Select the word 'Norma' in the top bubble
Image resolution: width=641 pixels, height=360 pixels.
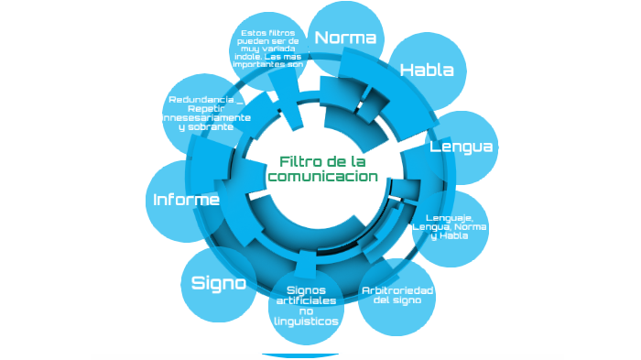tap(345, 38)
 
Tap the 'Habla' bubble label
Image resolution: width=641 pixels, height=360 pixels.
tap(427, 71)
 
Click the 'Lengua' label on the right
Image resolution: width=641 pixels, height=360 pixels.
tap(462, 147)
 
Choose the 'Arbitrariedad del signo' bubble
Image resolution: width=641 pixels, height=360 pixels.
tap(397, 295)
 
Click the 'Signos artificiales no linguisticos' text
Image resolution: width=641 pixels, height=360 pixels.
tap(306, 306)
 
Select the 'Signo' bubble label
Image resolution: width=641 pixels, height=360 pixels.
tap(218, 283)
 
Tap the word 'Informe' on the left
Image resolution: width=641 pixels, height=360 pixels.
tap(186, 200)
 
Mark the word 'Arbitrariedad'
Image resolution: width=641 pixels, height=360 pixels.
tap(397, 289)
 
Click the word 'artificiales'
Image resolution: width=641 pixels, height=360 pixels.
tap(306, 300)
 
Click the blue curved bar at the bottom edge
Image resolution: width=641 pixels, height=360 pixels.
tap(299, 355)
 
